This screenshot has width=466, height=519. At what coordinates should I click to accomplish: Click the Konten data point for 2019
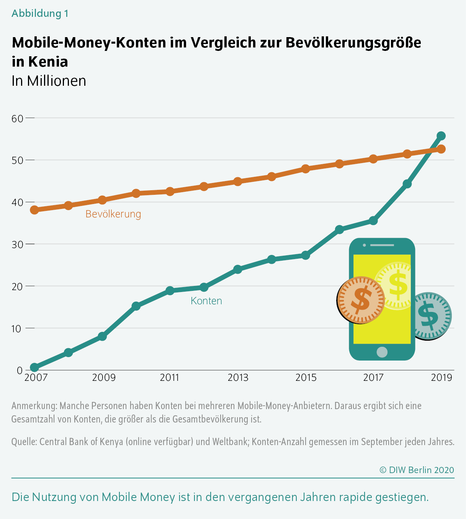pyautogui.click(x=441, y=136)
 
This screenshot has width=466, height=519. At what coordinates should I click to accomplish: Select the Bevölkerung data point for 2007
pyautogui.click(x=34, y=210)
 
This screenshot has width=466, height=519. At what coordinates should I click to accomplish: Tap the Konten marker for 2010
pyautogui.click(x=136, y=306)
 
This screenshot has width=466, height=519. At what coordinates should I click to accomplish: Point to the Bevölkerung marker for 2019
pyautogui.click(x=441, y=149)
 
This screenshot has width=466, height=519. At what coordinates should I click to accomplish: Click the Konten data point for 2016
pyautogui.click(x=339, y=229)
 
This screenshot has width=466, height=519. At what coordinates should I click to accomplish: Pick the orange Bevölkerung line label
pyautogui.click(x=113, y=214)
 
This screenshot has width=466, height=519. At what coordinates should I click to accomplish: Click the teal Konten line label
pyautogui.click(x=206, y=301)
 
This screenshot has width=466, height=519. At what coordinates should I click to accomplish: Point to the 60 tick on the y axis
pyautogui.click(x=18, y=118)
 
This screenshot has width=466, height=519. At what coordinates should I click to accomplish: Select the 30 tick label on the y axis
pyautogui.click(x=18, y=244)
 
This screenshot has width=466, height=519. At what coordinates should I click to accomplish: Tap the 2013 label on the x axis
pyautogui.click(x=238, y=378)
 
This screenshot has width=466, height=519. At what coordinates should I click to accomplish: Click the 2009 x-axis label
pyautogui.click(x=104, y=378)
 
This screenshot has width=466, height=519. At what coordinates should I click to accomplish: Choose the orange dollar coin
pyautogui.click(x=361, y=300)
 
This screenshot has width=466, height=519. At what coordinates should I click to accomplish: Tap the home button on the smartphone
pyautogui.click(x=382, y=352)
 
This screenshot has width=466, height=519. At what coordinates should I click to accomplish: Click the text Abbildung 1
pyautogui.click(x=40, y=13)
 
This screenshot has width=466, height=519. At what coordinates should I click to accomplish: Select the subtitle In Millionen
pyautogui.click(x=49, y=81)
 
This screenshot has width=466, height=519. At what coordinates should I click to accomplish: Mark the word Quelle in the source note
pyautogui.click(x=24, y=442)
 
